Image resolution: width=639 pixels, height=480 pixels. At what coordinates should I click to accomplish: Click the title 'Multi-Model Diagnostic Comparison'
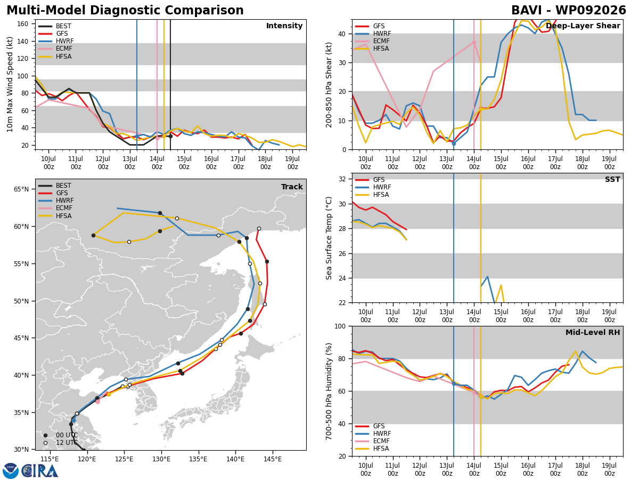click(x=125, y=10)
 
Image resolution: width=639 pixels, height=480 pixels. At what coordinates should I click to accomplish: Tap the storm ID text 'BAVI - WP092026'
click(x=569, y=10)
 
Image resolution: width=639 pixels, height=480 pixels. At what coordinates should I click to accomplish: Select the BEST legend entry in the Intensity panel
click(x=55, y=26)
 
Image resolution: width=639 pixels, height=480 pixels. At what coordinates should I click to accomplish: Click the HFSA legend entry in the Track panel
click(x=55, y=216)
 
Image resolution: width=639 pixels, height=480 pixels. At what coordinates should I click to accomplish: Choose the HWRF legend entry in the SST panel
click(x=373, y=187)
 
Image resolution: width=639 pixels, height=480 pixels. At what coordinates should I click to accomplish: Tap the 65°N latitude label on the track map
click(x=21, y=189)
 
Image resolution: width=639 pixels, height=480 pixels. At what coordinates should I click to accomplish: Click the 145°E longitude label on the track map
click(x=273, y=459)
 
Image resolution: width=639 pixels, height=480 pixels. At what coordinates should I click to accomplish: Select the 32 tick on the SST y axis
click(x=342, y=179)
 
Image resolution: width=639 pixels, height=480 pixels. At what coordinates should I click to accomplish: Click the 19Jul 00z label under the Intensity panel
click(x=292, y=163)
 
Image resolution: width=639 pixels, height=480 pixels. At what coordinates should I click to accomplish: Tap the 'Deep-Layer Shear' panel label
click(x=583, y=26)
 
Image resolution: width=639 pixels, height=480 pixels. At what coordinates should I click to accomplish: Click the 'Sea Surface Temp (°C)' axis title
click(x=329, y=238)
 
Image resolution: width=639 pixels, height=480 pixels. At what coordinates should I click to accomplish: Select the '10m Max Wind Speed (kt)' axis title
click(x=10, y=84)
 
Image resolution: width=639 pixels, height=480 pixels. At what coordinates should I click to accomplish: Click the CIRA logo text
click(x=40, y=471)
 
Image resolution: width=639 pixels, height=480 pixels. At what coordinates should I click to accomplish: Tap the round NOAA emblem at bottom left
click(x=10, y=471)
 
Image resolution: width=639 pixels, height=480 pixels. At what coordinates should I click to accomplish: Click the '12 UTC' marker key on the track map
click(x=61, y=443)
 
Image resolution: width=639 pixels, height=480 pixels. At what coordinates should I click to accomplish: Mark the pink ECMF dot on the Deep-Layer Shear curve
click(x=474, y=43)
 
